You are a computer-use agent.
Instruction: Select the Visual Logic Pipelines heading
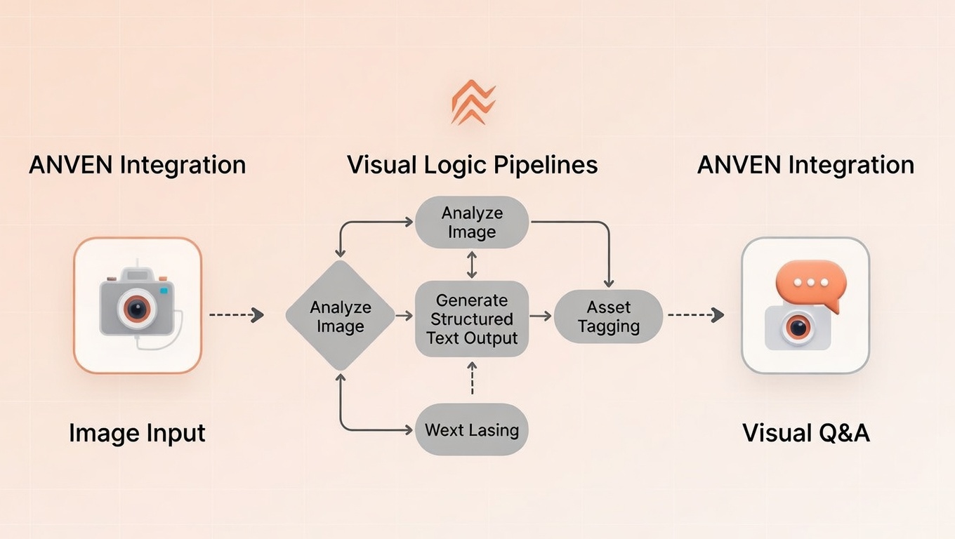pyautogui.click(x=472, y=165)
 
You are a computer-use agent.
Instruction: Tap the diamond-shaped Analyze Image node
pyautogui.click(x=340, y=317)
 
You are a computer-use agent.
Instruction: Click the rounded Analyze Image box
pyautogui.click(x=471, y=222)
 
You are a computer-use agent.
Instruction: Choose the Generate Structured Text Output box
pyautogui.click(x=471, y=319)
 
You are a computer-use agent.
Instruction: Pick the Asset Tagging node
pyautogui.click(x=608, y=317)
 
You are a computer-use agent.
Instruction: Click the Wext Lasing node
pyautogui.click(x=471, y=430)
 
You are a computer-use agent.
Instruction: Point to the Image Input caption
pyautogui.click(x=137, y=433)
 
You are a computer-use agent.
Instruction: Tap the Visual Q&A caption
pyautogui.click(x=805, y=433)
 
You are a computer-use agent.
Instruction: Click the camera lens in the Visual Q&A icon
pyautogui.click(x=797, y=326)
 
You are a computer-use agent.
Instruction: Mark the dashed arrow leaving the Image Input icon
pyautogui.click(x=237, y=315)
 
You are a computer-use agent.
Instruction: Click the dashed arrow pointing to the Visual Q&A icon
pyautogui.click(x=695, y=315)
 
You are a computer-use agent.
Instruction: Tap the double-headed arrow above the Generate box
pyautogui.click(x=472, y=265)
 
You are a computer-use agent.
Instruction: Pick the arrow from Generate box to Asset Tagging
pyautogui.click(x=541, y=317)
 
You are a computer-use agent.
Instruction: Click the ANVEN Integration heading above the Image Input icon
pyautogui.click(x=137, y=165)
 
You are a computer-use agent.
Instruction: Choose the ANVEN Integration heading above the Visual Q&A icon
pyautogui.click(x=805, y=165)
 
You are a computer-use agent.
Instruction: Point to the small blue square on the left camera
pyautogui.click(x=164, y=289)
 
